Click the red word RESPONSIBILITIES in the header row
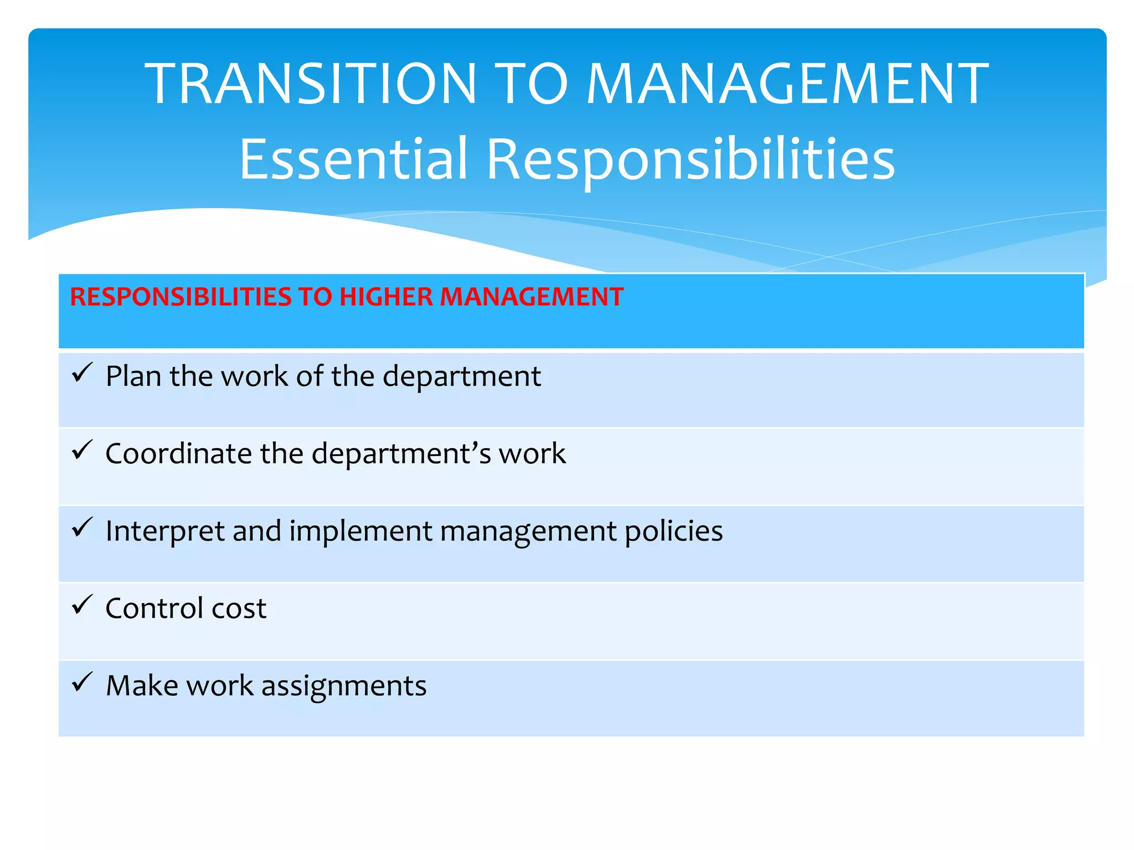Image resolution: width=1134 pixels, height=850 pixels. (181, 297)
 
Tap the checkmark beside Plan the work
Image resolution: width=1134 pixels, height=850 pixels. (82, 373)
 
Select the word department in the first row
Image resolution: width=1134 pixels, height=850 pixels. (461, 376)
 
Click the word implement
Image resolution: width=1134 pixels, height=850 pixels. (360, 531)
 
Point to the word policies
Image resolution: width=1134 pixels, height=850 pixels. (673, 531)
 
